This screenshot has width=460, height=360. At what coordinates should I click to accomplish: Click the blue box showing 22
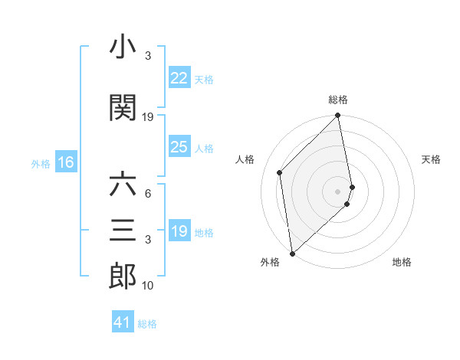(179, 78)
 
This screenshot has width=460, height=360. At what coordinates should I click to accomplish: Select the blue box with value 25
(179, 147)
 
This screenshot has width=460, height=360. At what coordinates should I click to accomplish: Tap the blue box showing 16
(66, 162)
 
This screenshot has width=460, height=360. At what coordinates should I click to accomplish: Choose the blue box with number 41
(123, 322)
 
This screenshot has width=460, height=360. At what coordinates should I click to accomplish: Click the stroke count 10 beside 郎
(148, 286)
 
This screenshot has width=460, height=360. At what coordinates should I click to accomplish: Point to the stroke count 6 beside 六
(147, 195)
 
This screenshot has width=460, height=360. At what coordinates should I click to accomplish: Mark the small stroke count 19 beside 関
(148, 117)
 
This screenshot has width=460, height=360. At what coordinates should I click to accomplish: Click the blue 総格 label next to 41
(147, 324)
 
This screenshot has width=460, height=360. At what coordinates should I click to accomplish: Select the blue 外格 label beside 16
(41, 163)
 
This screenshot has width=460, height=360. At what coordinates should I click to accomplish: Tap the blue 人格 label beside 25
(204, 148)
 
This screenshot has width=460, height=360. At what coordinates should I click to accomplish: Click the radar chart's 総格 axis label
(338, 100)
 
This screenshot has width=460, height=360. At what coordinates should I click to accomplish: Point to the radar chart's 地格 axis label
(402, 263)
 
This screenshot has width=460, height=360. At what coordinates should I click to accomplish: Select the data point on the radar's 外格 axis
(291, 253)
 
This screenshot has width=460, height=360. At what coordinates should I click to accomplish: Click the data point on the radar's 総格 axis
(338, 116)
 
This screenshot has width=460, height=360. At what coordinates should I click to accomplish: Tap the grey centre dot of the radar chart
(338, 191)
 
